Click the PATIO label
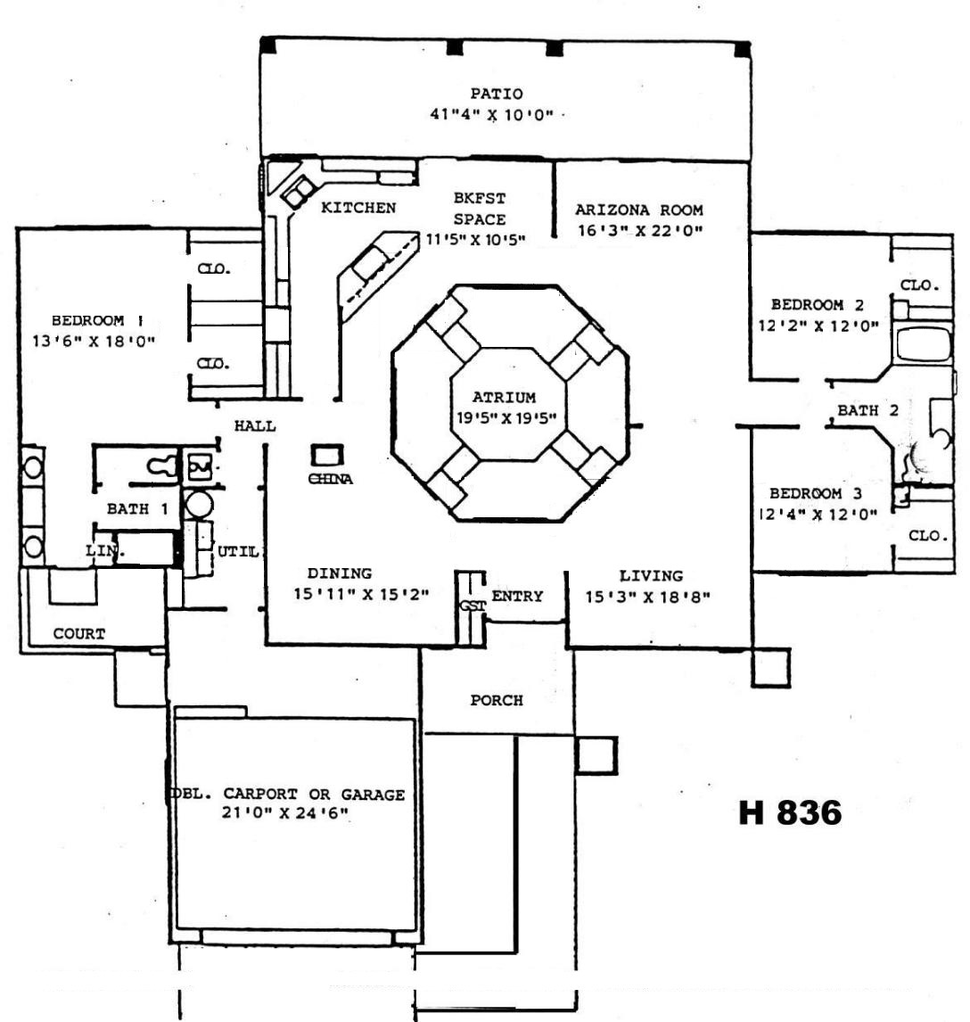497,94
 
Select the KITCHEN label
358,208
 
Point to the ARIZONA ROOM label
638,210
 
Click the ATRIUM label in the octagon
505,398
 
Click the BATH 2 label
867,411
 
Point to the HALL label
255,426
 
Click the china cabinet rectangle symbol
325,456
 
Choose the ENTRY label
517,596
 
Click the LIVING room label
651,576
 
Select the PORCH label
497,701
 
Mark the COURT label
79,634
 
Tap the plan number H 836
790,812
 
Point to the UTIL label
238,552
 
